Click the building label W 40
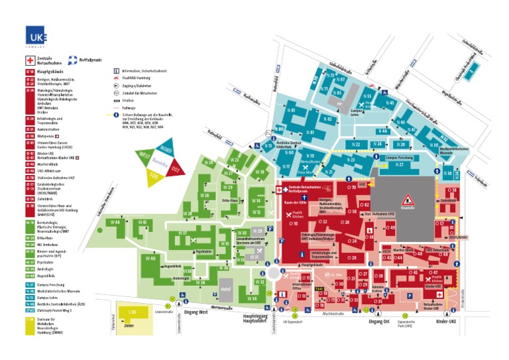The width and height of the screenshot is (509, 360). [152, 258]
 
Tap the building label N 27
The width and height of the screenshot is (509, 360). [400, 164]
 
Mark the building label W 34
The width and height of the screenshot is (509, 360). [252, 298]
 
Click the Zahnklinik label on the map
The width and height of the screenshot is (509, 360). [448, 200]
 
